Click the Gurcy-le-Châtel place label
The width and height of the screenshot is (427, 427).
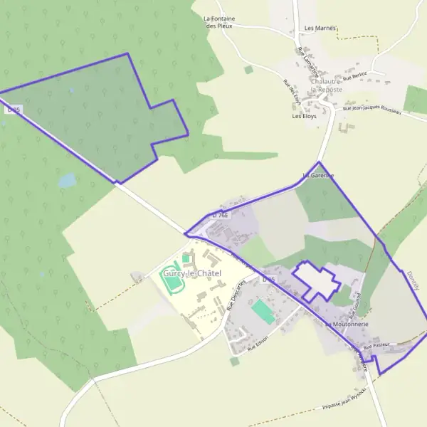tap(191, 273)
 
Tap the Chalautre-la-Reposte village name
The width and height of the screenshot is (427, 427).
tap(327, 85)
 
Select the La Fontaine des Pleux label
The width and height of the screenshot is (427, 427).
tap(220, 22)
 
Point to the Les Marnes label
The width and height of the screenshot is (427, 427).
tap(320, 28)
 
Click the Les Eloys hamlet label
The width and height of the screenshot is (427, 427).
tap(304, 116)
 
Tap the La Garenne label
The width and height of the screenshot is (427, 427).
tap(318, 175)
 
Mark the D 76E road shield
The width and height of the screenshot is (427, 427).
tap(219, 214)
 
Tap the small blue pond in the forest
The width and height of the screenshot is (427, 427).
tap(67, 181)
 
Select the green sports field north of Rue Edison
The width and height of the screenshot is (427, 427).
tap(263, 311)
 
